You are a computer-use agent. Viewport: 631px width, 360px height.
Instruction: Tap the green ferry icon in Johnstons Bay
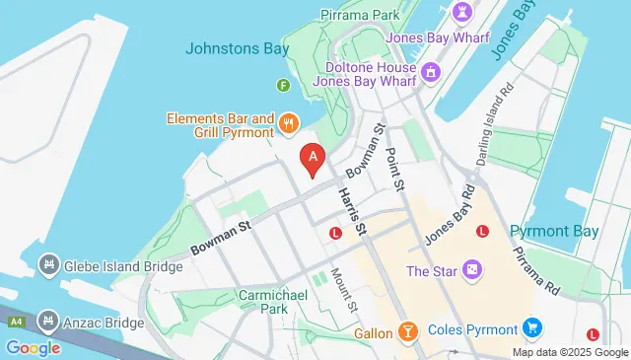(283, 86)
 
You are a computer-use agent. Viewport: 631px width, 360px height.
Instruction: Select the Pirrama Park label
(360, 16)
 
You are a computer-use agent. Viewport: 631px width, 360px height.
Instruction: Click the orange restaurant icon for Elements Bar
(288, 123)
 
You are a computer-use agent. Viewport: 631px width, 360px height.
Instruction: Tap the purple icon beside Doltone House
(430, 72)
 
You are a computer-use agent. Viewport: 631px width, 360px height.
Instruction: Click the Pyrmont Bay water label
(554, 231)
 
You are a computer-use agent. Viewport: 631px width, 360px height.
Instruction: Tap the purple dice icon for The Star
(473, 270)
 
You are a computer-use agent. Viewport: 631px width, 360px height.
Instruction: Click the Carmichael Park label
(266, 301)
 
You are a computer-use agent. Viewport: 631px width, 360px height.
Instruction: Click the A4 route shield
(15, 322)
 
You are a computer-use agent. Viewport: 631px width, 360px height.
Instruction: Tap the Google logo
(33, 347)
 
